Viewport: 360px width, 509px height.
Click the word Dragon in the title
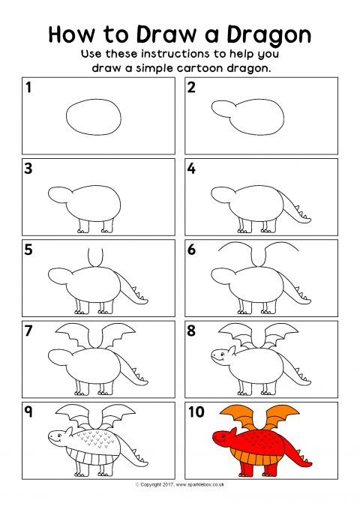click(268, 35)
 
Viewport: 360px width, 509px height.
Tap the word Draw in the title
click(167, 34)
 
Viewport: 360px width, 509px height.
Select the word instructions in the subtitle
click(175, 53)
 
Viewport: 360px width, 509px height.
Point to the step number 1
click(28, 87)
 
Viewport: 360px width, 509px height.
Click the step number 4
click(192, 169)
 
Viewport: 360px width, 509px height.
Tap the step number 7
click(28, 331)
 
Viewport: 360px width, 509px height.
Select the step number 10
click(196, 412)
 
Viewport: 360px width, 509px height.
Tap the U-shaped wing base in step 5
click(95, 258)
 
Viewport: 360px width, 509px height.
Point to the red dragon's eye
click(223, 434)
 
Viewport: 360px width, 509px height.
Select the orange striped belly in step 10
click(256, 457)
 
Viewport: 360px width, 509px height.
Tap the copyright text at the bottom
click(180, 485)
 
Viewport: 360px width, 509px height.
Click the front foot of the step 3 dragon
click(82, 230)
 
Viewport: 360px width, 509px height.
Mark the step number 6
click(192, 250)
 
